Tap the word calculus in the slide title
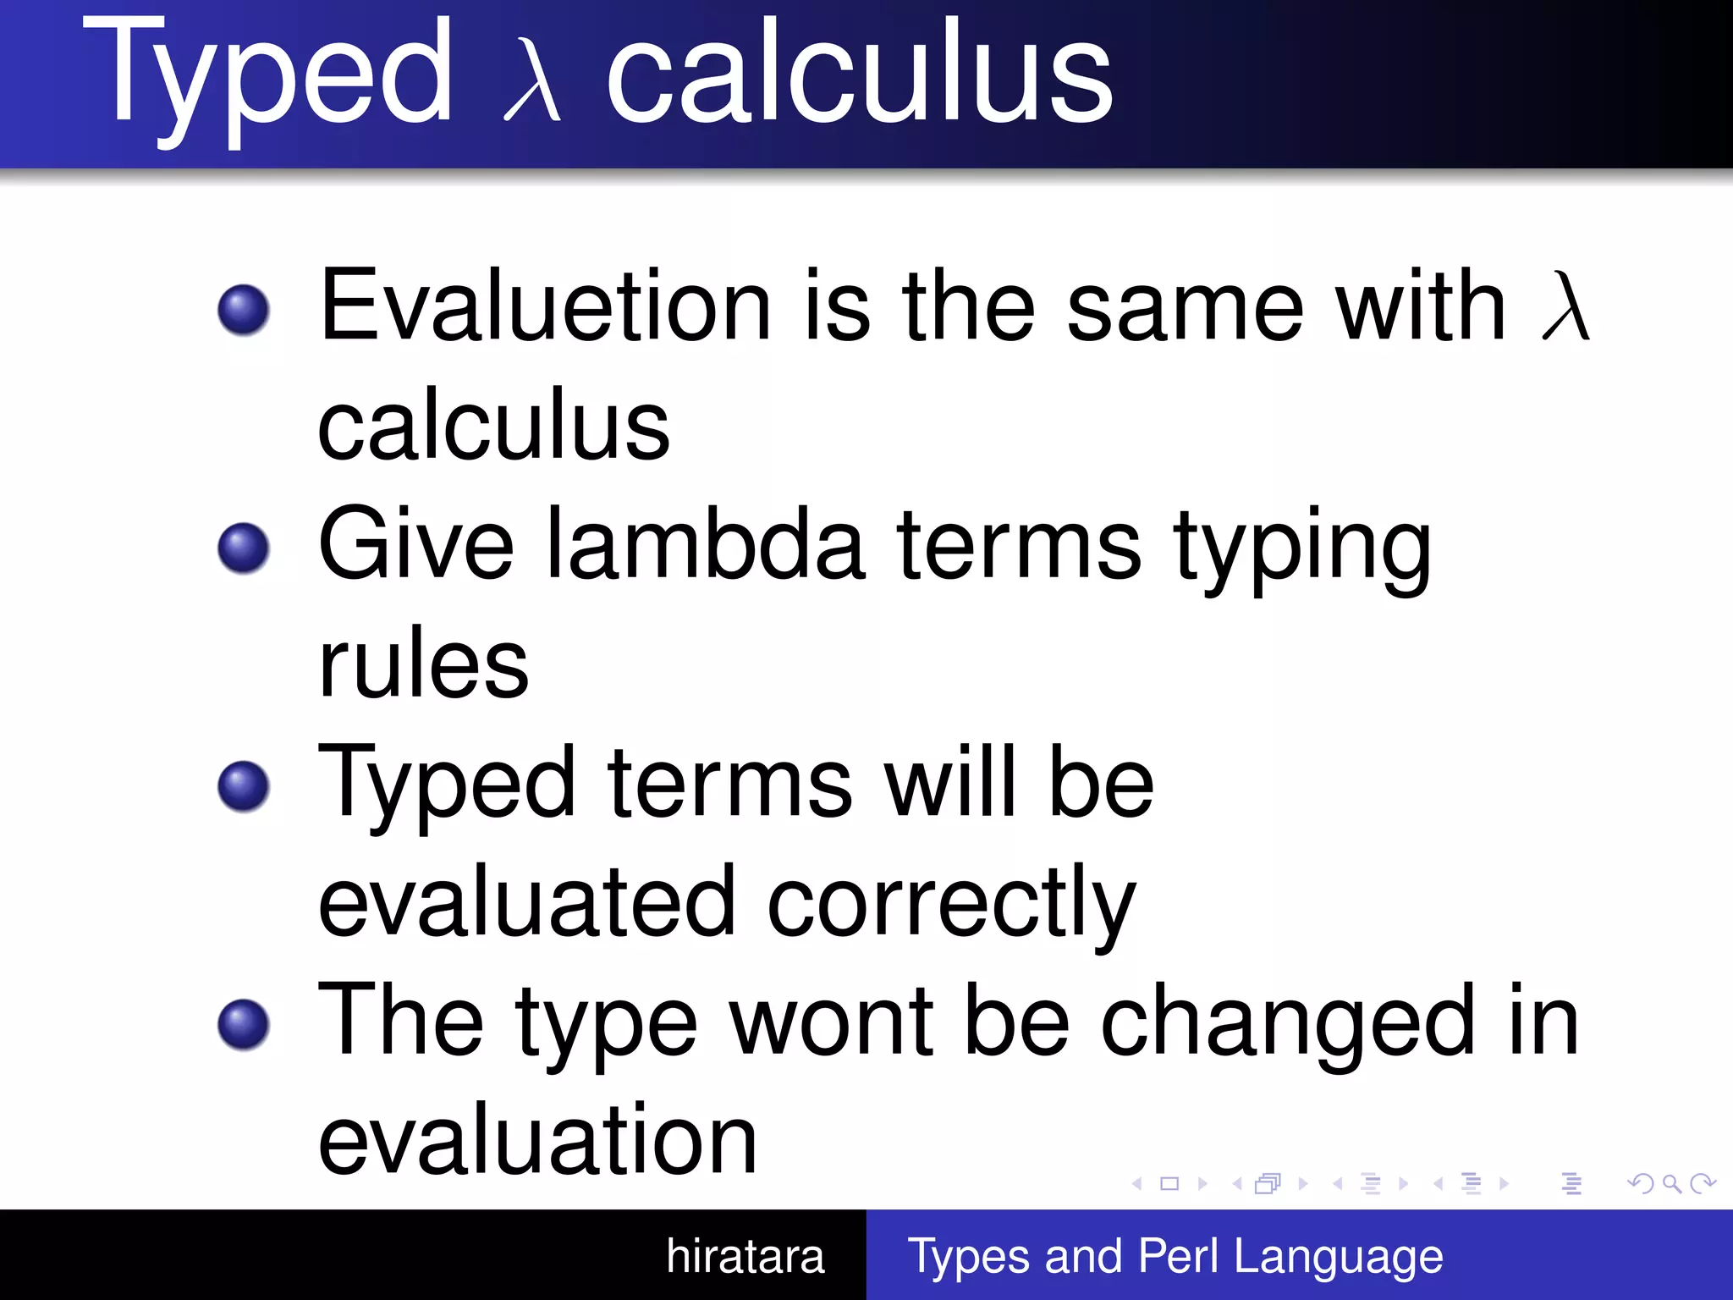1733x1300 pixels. point(859,74)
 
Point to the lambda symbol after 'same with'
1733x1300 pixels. point(1565,306)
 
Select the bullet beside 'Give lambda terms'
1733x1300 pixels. point(244,548)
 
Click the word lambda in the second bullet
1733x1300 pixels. point(707,546)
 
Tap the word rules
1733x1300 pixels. point(423,664)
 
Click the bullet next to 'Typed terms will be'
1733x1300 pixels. point(244,785)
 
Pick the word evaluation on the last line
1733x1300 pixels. point(537,1141)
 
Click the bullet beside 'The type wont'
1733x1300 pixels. point(244,1024)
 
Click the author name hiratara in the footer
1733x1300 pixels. point(745,1256)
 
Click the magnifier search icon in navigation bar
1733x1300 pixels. point(1671,1183)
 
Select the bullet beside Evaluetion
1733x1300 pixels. point(244,309)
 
